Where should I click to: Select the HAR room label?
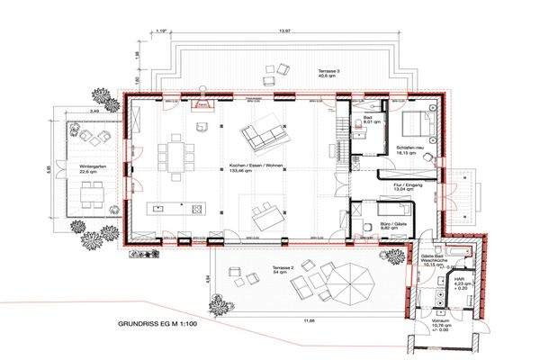[461, 281]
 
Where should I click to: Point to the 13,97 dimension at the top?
[262, 31]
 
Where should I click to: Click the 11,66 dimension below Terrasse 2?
[309, 319]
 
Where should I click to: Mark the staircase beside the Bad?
[341, 135]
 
